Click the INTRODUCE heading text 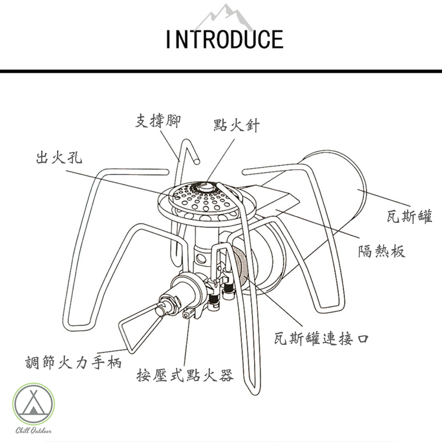pos(225,39)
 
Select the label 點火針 pos(236,125)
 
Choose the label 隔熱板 pos(381,251)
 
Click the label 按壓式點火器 pos(185,375)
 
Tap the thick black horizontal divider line pos(221,71)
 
